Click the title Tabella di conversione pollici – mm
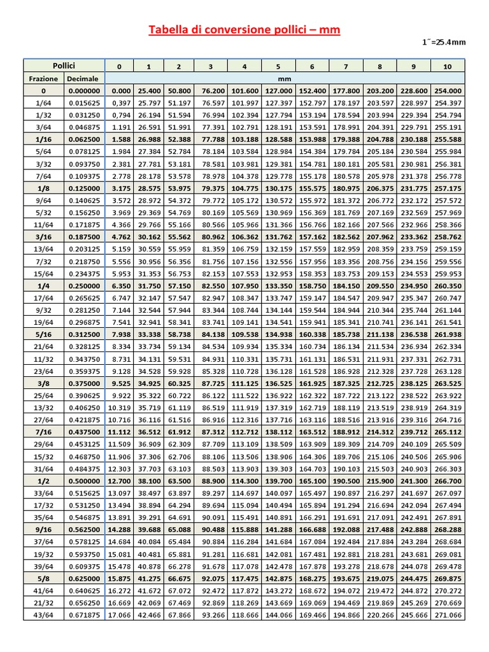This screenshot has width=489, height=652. (244, 30)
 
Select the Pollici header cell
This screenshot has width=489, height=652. (64, 66)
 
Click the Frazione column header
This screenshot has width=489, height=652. (43, 79)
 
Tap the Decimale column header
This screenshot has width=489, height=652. (83, 79)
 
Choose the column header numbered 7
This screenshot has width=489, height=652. (346, 66)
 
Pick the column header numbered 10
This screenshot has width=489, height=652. (447, 66)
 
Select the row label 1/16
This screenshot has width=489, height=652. (43, 139)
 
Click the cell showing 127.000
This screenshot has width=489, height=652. (278, 91)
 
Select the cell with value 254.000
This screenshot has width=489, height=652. (447, 91)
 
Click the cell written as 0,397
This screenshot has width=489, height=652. (120, 103)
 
